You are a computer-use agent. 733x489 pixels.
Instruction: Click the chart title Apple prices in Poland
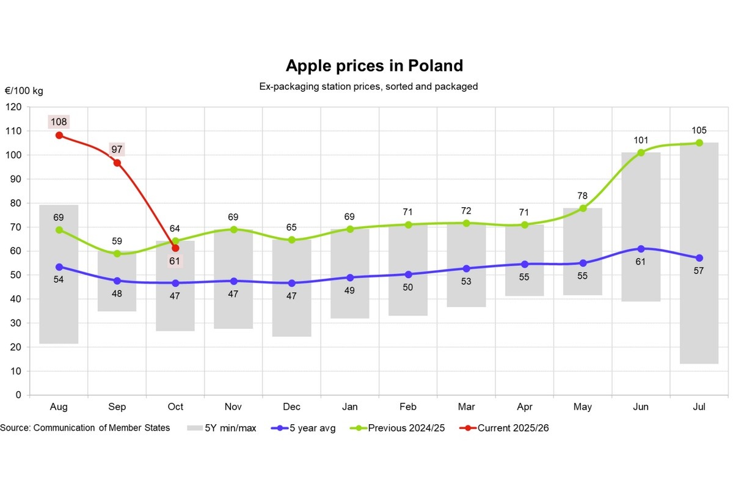point(374,65)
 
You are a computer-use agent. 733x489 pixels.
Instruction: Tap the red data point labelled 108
point(59,135)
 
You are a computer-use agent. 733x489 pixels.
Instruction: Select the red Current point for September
point(117,163)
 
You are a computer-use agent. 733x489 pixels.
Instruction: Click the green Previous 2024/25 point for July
point(699,143)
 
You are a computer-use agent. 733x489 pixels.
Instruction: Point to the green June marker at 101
point(641,153)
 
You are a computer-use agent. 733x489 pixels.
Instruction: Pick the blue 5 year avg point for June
point(641,249)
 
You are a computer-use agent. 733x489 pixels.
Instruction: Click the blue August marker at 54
point(59,267)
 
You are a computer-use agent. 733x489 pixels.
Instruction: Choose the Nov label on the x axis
point(233,407)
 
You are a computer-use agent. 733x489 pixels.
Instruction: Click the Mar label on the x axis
point(466,407)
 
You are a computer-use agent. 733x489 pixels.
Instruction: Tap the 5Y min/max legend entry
point(230,428)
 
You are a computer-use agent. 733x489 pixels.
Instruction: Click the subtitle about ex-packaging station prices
point(368,87)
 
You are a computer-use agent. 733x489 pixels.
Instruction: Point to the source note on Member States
point(85,428)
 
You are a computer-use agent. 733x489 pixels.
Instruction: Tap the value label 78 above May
point(583,196)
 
